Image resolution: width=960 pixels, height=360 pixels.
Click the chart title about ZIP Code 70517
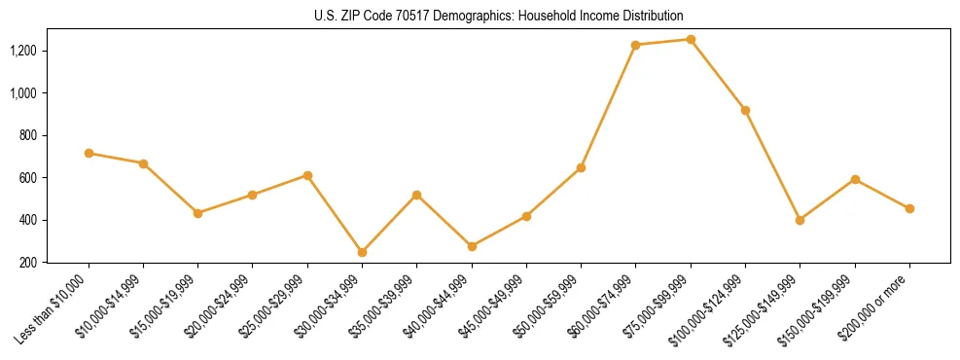tap(499, 17)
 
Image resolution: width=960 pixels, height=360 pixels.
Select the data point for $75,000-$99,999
tap(691, 40)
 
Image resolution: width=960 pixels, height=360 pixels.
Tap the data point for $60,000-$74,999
tap(636, 45)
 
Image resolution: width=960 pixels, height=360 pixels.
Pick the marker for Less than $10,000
tap(89, 153)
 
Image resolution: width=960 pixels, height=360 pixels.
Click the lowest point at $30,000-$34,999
tap(362, 252)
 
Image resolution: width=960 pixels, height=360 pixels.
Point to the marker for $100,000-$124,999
tap(745, 110)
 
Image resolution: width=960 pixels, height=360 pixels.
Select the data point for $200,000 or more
tap(909, 208)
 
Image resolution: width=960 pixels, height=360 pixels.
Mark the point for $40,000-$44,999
tap(472, 246)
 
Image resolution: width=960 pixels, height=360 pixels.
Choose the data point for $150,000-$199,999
tap(855, 179)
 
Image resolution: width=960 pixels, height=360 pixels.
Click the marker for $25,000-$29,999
tap(307, 175)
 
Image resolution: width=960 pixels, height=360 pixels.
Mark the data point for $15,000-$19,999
tap(197, 213)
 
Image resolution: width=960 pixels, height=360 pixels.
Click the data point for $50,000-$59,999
tap(581, 167)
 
